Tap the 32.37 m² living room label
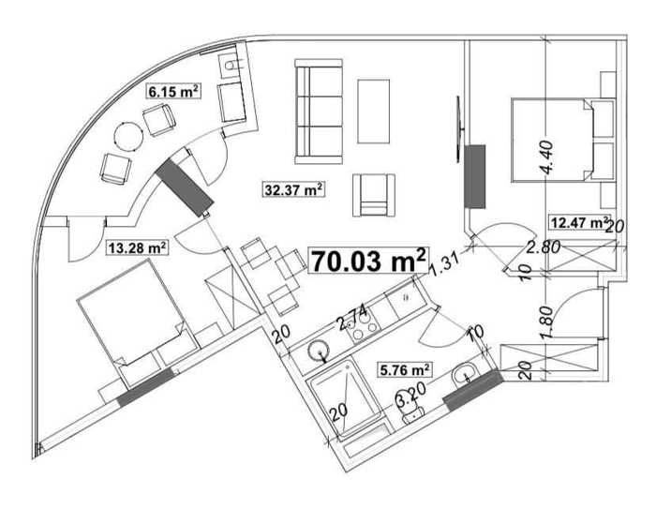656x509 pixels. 293,189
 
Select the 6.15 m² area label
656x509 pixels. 173,91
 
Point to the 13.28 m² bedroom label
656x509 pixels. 137,247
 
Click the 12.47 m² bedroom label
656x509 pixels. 578,222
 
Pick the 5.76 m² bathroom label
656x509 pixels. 405,370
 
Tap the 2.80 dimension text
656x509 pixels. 543,247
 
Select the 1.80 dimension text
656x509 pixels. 546,322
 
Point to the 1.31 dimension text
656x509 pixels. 444,264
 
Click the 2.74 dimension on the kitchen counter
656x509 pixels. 352,317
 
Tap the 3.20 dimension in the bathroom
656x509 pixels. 411,396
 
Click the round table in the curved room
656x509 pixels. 128,137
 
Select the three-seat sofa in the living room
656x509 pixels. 319,112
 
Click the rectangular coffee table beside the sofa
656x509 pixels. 374,112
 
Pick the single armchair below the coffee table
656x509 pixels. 374,195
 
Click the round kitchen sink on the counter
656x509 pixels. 319,350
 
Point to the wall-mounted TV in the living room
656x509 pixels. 459,128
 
